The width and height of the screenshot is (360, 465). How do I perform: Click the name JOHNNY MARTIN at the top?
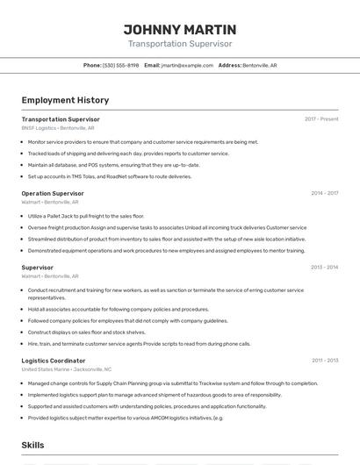point(180,29)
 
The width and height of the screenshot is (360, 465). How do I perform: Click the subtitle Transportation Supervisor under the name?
point(180,44)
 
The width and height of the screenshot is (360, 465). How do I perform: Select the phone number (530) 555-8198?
point(121,65)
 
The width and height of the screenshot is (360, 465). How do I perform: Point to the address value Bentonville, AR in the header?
point(260,65)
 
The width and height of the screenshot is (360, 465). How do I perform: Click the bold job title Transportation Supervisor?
point(61,119)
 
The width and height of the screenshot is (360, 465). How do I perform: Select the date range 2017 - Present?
point(321,119)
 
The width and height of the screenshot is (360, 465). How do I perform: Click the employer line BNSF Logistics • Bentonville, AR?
point(56,128)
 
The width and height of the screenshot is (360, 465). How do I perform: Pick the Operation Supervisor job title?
point(53,193)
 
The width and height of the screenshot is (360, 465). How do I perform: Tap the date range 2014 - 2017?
point(324,193)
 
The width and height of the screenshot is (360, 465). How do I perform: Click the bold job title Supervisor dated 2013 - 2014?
point(37,267)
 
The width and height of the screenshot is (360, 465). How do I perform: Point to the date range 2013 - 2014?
point(324,267)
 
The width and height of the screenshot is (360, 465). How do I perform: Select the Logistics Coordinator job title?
point(54,361)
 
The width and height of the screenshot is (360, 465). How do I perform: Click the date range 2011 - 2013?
point(324,361)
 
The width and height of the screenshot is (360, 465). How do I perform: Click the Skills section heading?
point(32,445)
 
